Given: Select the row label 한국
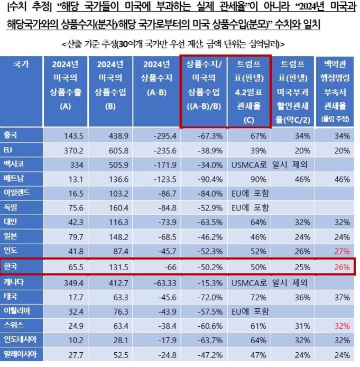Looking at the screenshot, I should [12, 268].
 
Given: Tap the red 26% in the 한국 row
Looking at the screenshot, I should [342, 268].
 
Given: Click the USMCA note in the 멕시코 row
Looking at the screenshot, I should [270, 164].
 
